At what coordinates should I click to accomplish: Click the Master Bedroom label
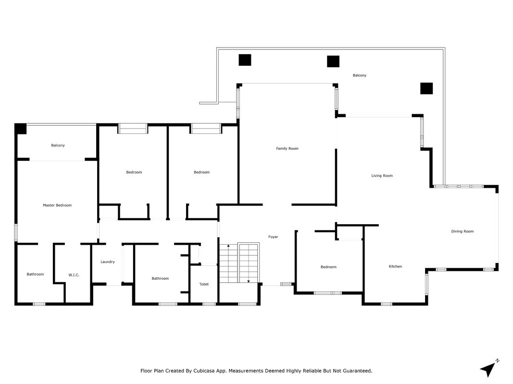(57, 205)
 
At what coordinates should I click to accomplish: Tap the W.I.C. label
(74, 275)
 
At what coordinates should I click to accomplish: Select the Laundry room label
(108, 262)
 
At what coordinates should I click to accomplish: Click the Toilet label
(204, 285)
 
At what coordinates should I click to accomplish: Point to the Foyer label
(273, 237)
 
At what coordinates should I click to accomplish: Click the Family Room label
(287, 149)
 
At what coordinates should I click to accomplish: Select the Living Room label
(382, 176)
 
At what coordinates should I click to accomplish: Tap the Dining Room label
(463, 231)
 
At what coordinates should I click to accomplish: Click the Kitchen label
(396, 266)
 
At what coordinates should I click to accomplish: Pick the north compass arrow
(488, 369)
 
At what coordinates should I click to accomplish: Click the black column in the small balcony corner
(21, 129)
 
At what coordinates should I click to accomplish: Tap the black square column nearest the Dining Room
(426, 88)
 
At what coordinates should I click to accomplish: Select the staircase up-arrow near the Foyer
(228, 245)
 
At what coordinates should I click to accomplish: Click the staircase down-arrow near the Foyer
(248, 281)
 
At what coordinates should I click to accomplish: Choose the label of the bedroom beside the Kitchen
(328, 267)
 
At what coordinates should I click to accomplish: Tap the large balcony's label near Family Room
(360, 75)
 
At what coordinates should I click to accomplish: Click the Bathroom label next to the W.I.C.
(35, 274)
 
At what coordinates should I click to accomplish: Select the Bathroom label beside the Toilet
(160, 278)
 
